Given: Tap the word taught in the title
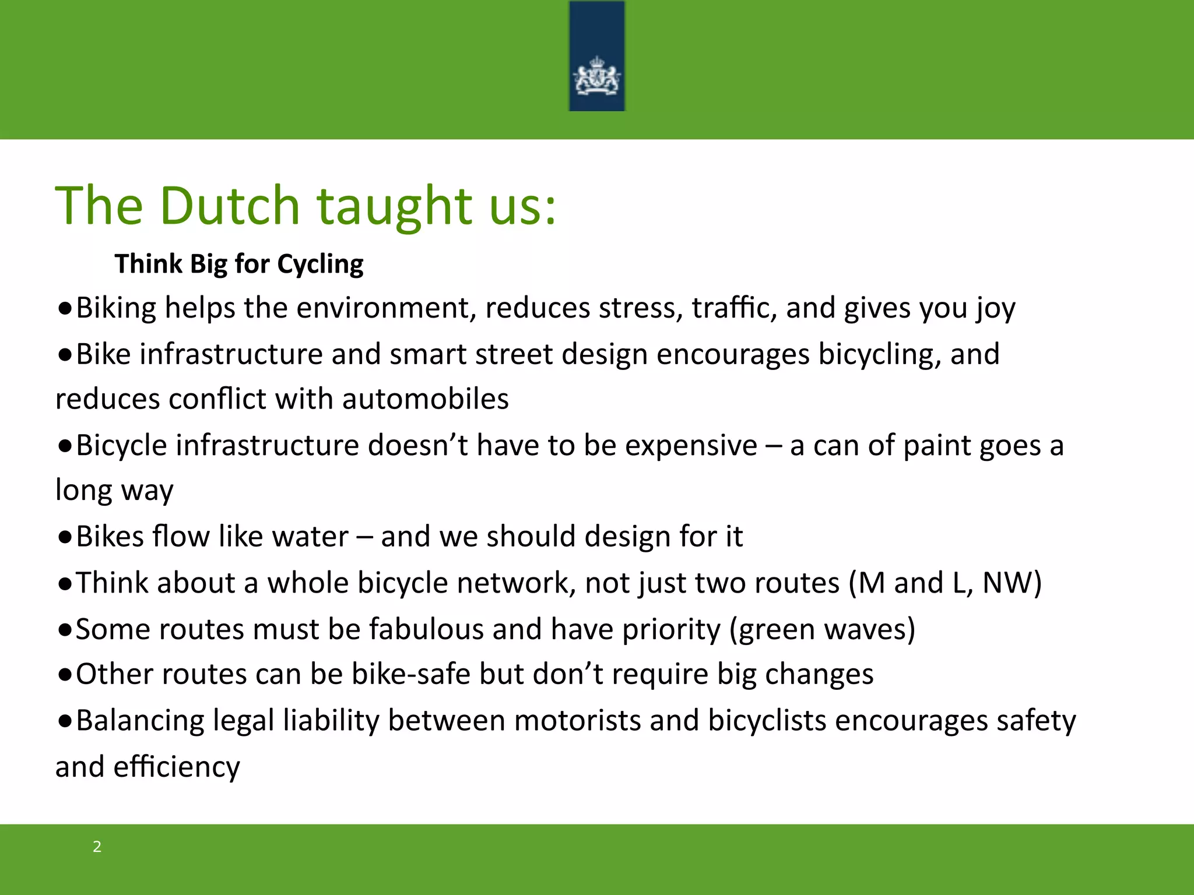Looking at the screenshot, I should [394, 206].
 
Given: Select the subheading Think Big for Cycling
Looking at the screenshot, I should [239, 264].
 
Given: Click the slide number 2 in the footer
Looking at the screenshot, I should [97, 847].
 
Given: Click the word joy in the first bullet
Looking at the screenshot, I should [996, 309].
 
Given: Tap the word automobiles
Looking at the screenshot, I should [425, 399].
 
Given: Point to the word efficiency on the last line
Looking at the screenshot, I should [177, 767].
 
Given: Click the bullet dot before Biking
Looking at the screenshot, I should [65, 309].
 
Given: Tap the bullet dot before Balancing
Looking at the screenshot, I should [65, 721].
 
